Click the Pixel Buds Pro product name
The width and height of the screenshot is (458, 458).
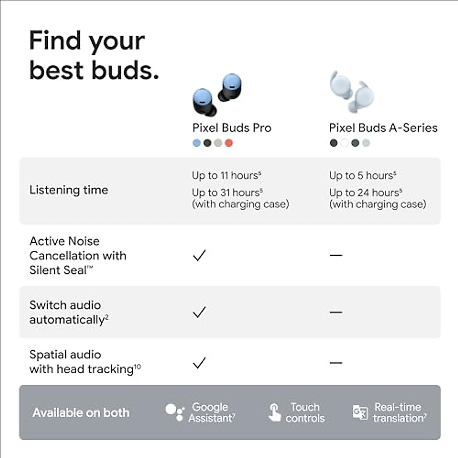pyautogui.click(x=232, y=128)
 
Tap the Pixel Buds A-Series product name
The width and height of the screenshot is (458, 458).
pyautogui.click(x=383, y=128)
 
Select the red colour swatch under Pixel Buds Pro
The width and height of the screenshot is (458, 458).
pyautogui.click(x=229, y=143)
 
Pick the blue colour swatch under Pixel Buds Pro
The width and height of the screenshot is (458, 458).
pyautogui.click(x=197, y=143)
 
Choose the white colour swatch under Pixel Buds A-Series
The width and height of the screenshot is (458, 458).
pyautogui.click(x=344, y=143)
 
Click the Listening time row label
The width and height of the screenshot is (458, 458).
pyautogui.click(x=69, y=190)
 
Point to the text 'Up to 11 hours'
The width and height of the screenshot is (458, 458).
pyautogui.click(x=226, y=175)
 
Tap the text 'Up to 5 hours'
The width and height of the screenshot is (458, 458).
pyautogui.click(x=363, y=175)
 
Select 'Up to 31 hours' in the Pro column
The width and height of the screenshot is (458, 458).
pyautogui.click(x=227, y=192)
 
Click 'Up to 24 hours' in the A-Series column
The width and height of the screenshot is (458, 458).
pyautogui.click(x=365, y=192)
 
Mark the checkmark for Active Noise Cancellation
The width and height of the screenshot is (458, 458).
pyautogui.click(x=199, y=255)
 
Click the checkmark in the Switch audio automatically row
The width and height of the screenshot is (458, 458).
pyautogui.click(x=199, y=312)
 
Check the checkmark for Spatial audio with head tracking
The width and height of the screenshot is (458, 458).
pyautogui.click(x=199, y=363)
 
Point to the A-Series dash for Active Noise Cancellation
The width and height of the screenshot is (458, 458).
pyautogui.click(x=336, y=255)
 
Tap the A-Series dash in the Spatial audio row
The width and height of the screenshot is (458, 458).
pyautogui.click(x=336, y=363)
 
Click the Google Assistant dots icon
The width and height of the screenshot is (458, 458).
pyautogui.click(x=174, y=413)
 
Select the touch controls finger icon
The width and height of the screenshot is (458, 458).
pyautogui.click(x=274, y=413)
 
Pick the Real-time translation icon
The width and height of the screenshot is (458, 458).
pyautogui.click(x=360, y=413)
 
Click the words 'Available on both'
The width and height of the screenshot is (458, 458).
pyautogui.click(x=81, y=413)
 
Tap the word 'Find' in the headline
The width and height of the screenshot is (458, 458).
pyautogui.click(x=55, y=40)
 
